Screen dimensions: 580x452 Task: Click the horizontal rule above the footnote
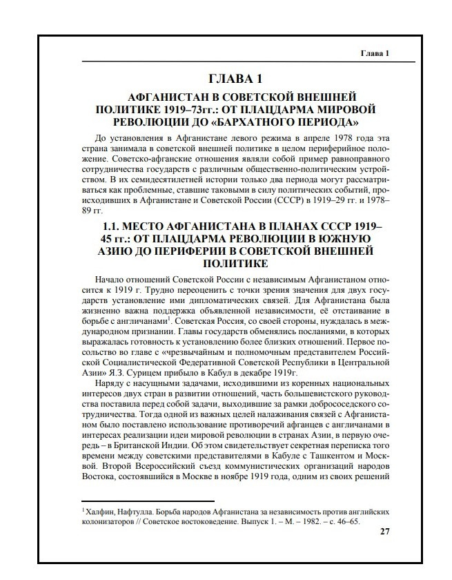148,502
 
